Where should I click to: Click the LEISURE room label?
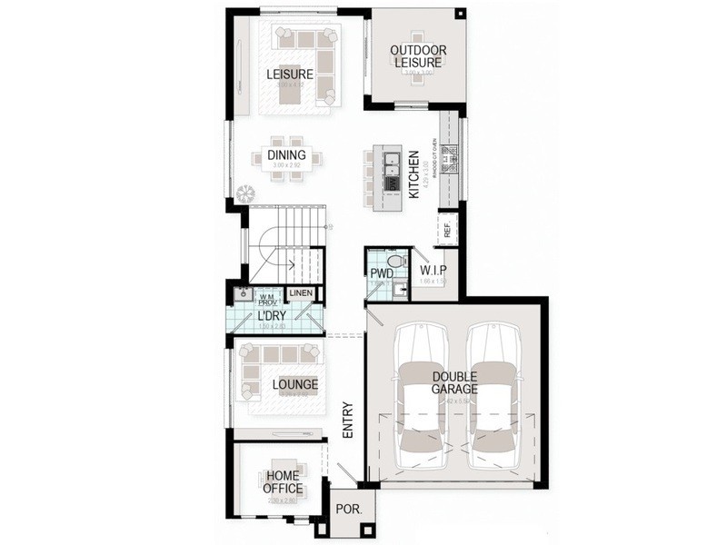coord(290,74)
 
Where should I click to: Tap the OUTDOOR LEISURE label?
coord(417,56)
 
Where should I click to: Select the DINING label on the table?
coord(287,155)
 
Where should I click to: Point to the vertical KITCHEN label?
coord(413,175)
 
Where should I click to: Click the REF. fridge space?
coord(447,231)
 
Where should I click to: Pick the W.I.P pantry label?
coord(432,272)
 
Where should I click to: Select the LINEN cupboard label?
coord(301,293)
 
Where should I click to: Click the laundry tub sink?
coord(242,294)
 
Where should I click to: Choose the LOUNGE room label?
coord(295,385)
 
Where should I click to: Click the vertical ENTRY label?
coord(347,421)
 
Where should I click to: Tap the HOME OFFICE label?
coord(283,481)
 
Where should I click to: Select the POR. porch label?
coord(348,510)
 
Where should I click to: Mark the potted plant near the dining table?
coord(244,193)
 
